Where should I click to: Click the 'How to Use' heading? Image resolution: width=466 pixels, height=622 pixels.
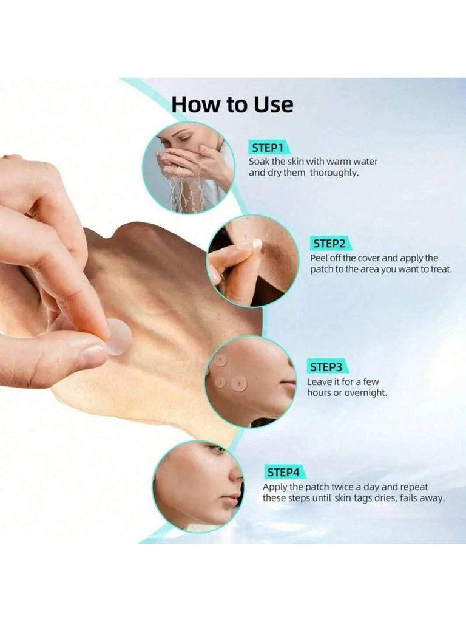coord(232,104)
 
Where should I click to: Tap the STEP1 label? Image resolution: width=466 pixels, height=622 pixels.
coord(268,148)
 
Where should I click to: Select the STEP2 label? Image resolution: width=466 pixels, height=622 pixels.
coord(329,244)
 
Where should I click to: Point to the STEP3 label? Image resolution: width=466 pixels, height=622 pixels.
coord(326,367)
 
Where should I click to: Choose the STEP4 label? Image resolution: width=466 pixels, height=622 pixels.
coord(283,473)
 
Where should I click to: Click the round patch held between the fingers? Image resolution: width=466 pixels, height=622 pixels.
coord(117,337)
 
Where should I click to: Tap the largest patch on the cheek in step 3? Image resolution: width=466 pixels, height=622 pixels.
coord(239,383)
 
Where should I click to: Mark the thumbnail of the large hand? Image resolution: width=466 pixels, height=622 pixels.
coord(93,354)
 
